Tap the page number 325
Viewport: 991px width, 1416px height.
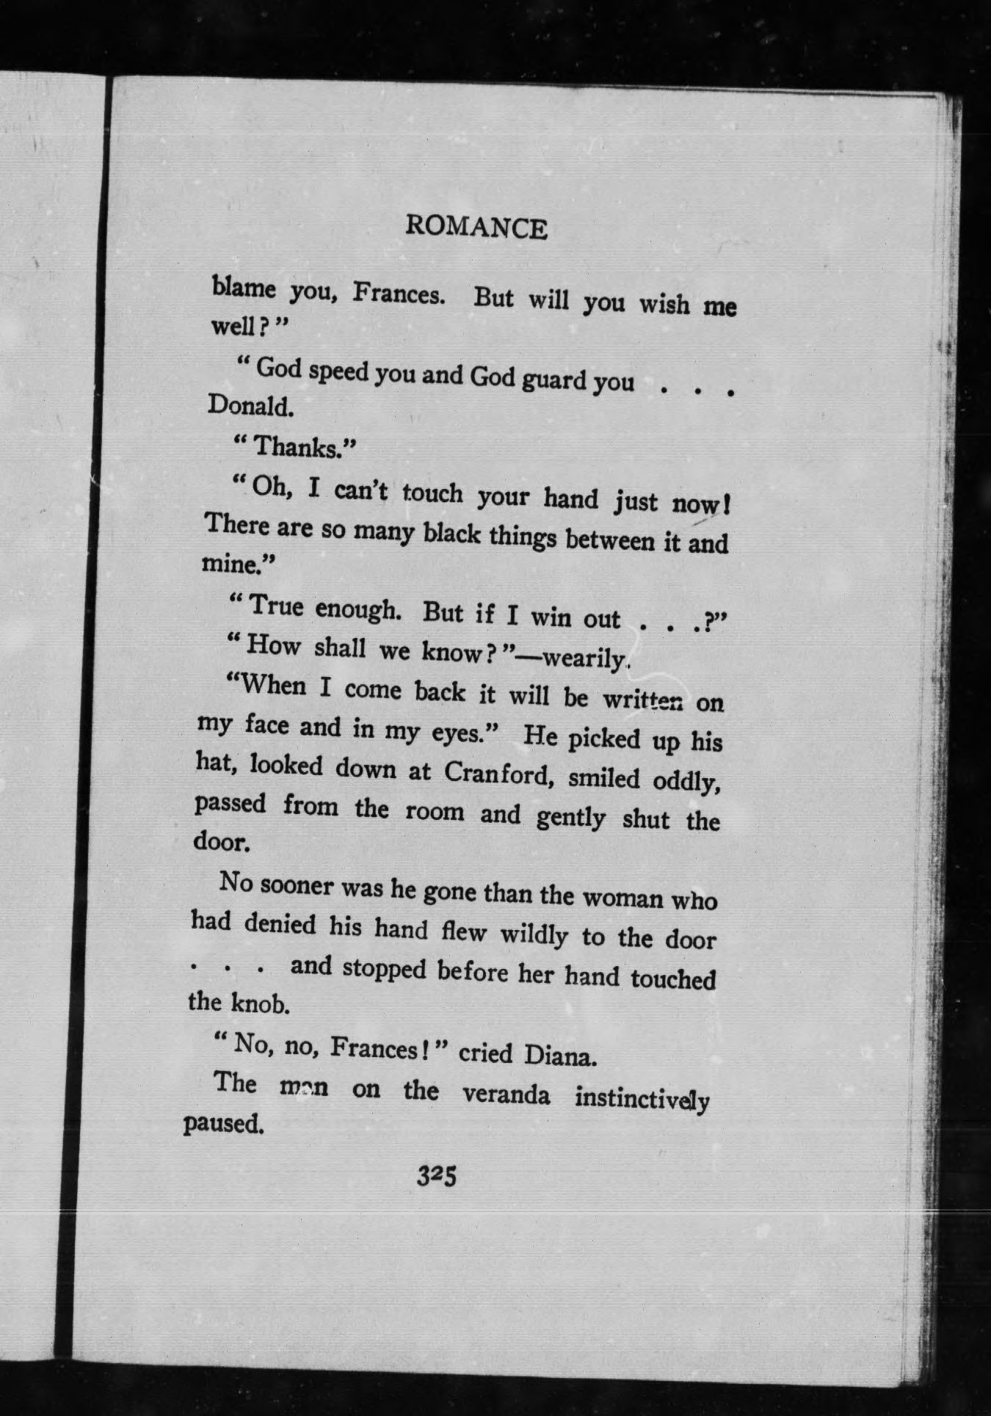[x=437, y=1176]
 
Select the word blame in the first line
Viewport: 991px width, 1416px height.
[x=244, y=287]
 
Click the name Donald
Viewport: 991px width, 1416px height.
[x=250, y=405]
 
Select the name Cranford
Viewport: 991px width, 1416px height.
[x=497, y=773]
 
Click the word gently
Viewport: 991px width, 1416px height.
[x=571, y=816]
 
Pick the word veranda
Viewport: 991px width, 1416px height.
[x=506, y=1094]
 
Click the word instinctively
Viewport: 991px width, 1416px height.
[x=642, y=1100]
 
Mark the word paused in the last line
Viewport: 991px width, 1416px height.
[x=222, y=1124]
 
